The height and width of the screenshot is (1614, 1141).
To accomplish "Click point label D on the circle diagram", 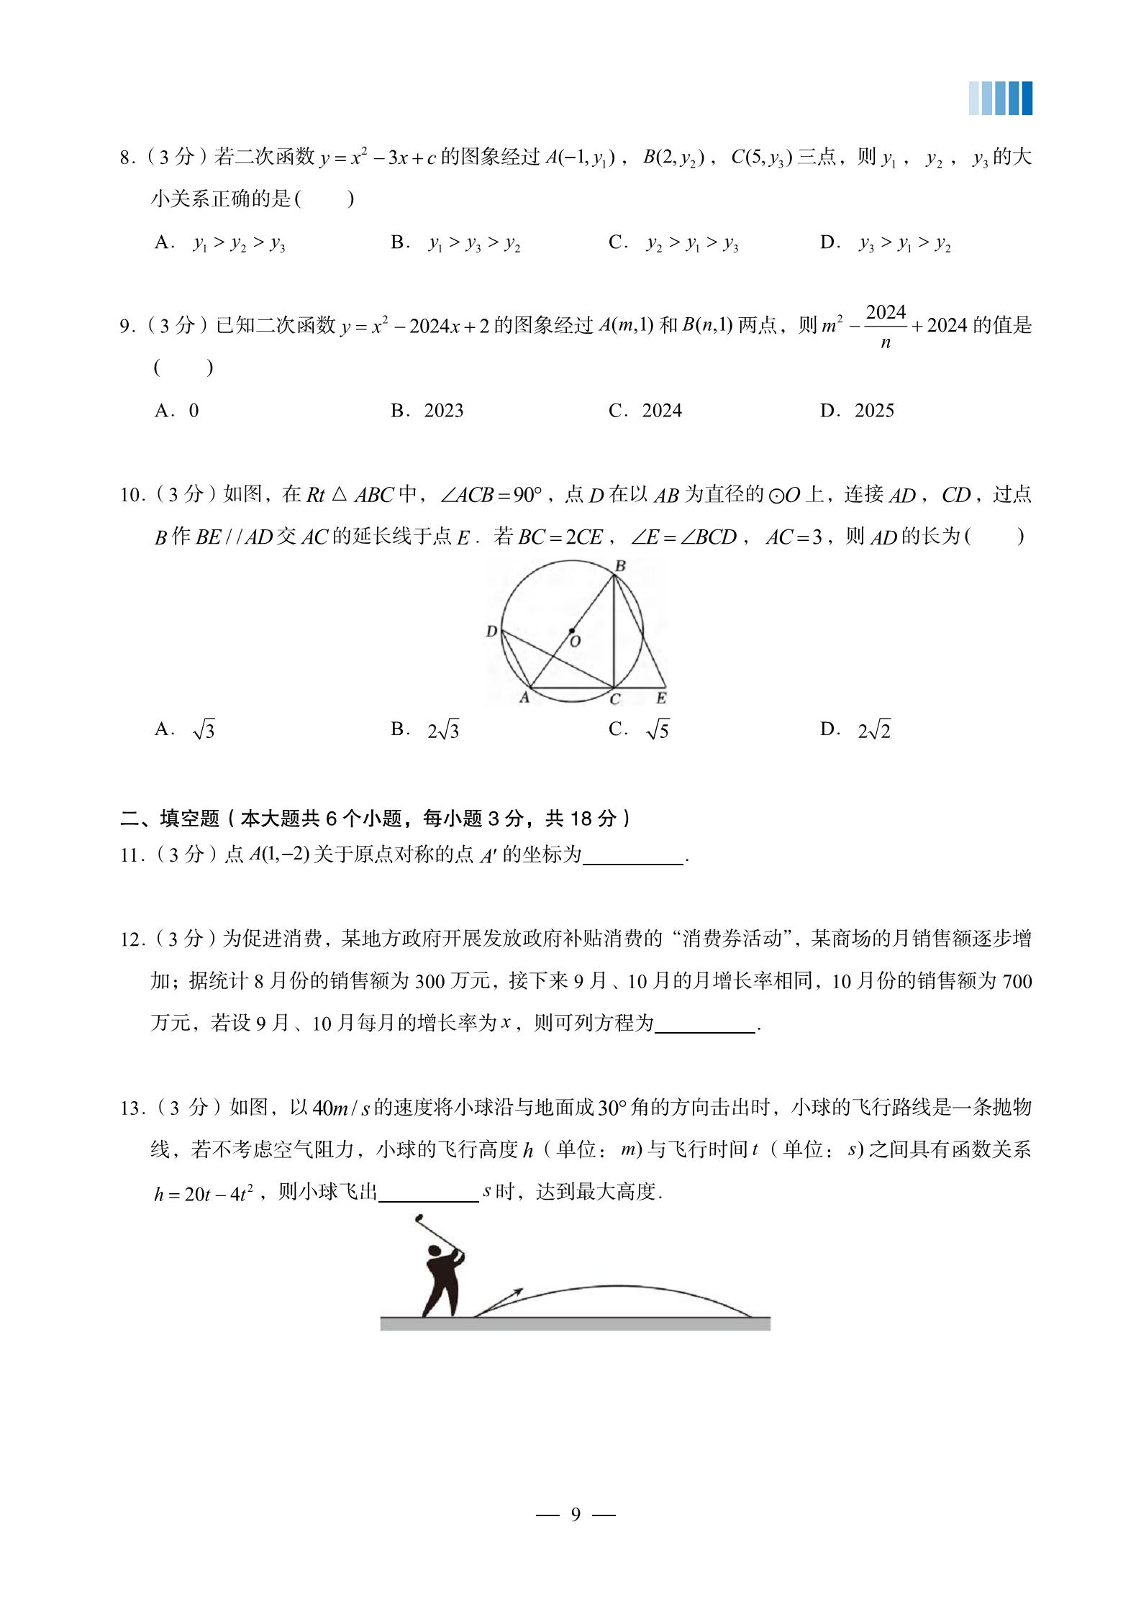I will click(x=491, y=632).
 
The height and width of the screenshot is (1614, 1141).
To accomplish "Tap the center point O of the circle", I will click(x=572, y=631).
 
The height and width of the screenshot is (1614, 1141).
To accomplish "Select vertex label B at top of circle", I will click(x=620, y=566).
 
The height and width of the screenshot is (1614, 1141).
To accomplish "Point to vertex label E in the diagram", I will click(x=661, y=698).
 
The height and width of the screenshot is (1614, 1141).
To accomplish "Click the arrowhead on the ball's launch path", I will click(x=517, y=1292).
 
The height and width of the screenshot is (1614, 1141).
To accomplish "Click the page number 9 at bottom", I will click(x=576, y=1515).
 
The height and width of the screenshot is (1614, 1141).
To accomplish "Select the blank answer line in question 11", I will click(x=633, y=857).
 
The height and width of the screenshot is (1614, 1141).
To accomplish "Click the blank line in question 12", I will click(x=705, y=1024).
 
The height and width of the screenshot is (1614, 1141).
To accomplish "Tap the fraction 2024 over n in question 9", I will click(x=886, y=327).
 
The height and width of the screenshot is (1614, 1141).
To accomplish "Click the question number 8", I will click(x=126, y=158).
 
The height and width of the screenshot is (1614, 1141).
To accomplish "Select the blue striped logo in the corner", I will click(x=1000, y=99).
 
